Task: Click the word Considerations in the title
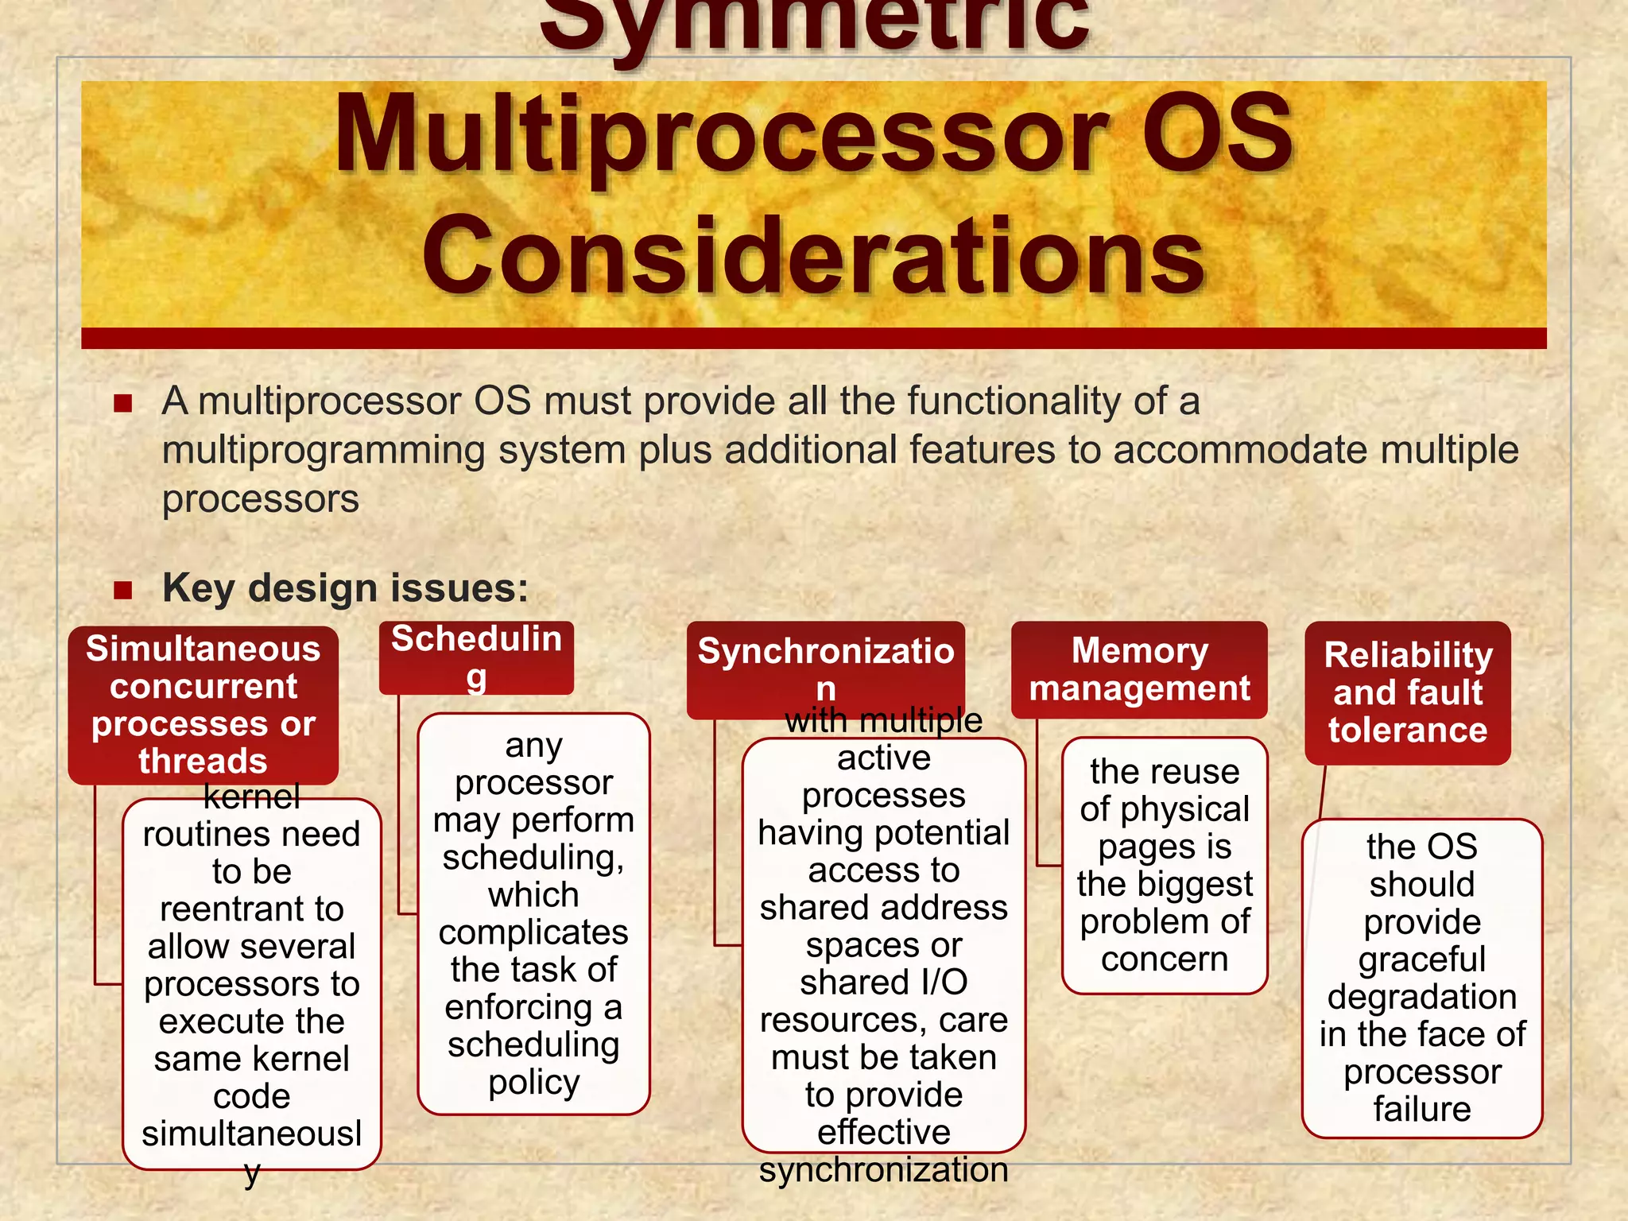(814, 256)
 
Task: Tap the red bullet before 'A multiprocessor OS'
(122, 403)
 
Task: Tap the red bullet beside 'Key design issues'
(122, 590)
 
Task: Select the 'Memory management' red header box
(1138, 670)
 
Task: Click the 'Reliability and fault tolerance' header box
(1407, 692)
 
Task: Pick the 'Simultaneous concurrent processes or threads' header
(203, 704)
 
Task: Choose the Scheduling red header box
(476, 657)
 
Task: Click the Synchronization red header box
(825, 669)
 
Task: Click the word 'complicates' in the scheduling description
(533, 932)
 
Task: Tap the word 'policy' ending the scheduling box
(533, 1082)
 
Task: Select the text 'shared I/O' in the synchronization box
(883, 982)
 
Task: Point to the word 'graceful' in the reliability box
(1421, 959)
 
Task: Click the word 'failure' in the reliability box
(1421, 1109)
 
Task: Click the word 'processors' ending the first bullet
(261, 499)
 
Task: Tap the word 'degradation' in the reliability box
(1421, 997)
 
